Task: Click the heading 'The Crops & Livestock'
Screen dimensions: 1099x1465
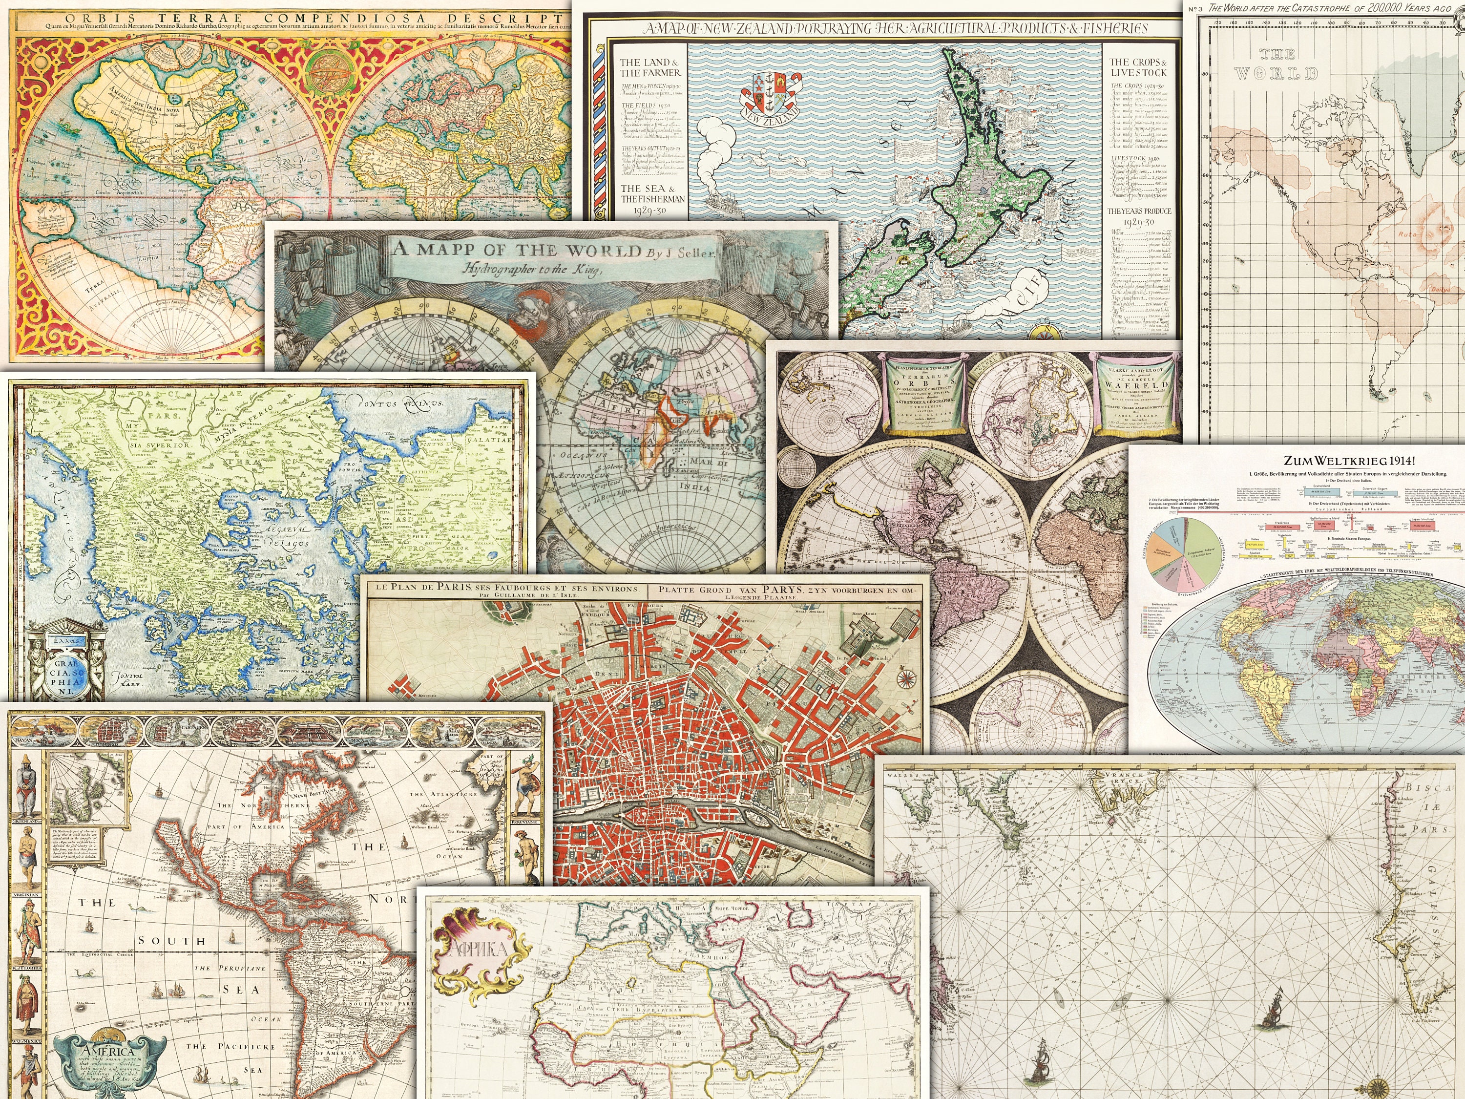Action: tap(1138, 67)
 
